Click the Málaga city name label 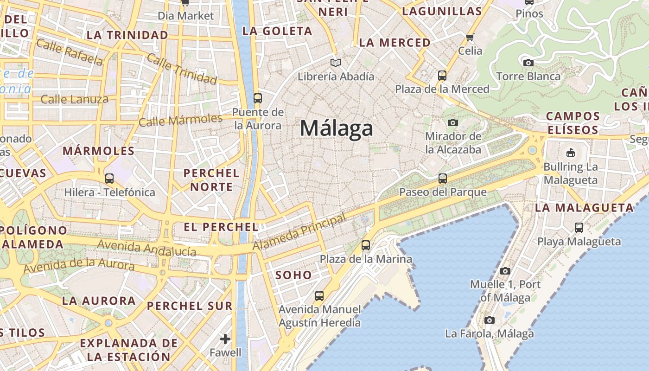click(336, 128)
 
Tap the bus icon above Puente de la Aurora click(258, 98)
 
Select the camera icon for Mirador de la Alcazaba click(453, 122)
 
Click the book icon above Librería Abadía click(335, 63)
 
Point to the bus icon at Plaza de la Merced click(442, 75)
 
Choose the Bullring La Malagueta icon click(570, 153)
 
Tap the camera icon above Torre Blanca click(528, 63)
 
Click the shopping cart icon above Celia click(470, 37)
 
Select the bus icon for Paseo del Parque click(443, 178)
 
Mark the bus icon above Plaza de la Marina click(366, 245)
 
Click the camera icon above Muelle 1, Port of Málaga click(505, 271)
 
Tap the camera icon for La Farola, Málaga click(489, 320)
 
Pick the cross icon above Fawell click(225, 339)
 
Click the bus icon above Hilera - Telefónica click(109, 178)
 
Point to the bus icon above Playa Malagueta click(579, 227)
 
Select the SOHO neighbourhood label click(293, 275)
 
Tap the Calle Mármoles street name click(181, 120)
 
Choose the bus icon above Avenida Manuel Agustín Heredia click(319, 295)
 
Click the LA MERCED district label click(394, 43)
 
